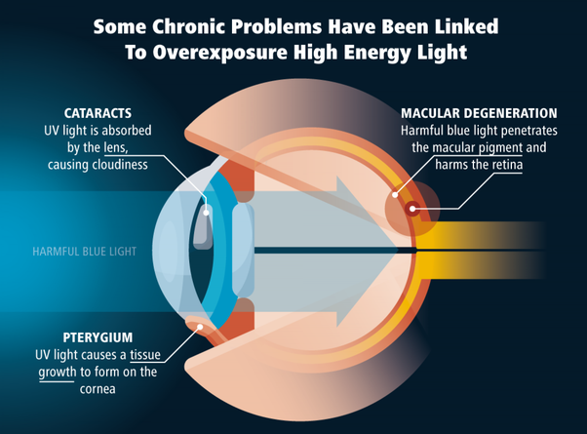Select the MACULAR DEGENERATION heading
[x=481, y=112]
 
